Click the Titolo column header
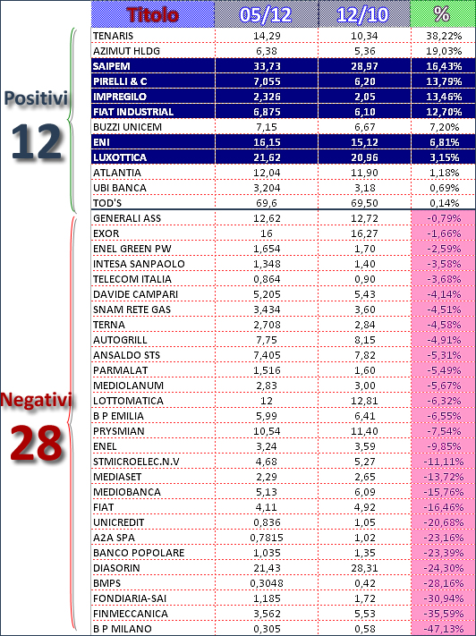(x=153, y=15)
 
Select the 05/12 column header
(x=266, y=15)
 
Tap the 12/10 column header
(x=362, y=15)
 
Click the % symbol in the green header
(x=442, y=14)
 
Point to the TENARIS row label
(x=114, y=36)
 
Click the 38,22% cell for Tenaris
(x=444, y=36)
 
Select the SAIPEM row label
(x=112, y=66)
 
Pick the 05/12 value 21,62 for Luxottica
(x=267, y=157)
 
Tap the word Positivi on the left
(x=36, y=98)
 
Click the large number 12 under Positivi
(x=37, y=140)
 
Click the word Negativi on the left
(x=37, y=400)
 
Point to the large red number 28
(x=36, y=443)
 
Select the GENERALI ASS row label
(x=127, y=218)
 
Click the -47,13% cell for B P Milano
(x=444, y=629)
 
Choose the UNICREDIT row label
(x=119, y=522)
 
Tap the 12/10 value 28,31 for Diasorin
(x=364, y=568)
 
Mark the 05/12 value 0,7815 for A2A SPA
(x=267, y=538)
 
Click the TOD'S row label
(x=107, y=203)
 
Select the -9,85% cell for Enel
(x=444, y=446)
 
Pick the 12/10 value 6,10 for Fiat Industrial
(x=364, y=112)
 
